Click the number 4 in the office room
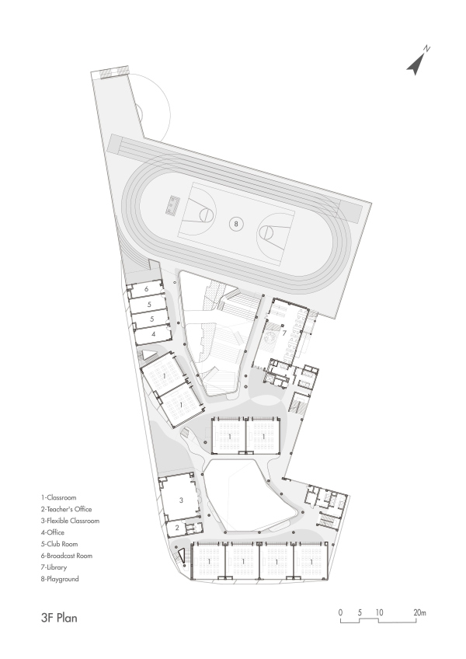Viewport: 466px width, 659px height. [x=153, y=333]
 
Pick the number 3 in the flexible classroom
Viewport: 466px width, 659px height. [x=180, y=501]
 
